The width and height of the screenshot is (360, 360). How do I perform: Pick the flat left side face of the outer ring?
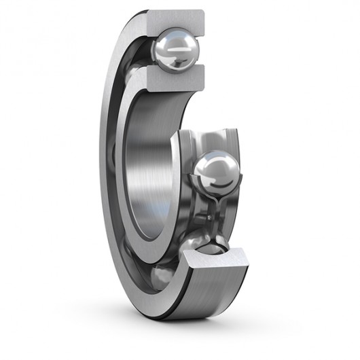point(109,170)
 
